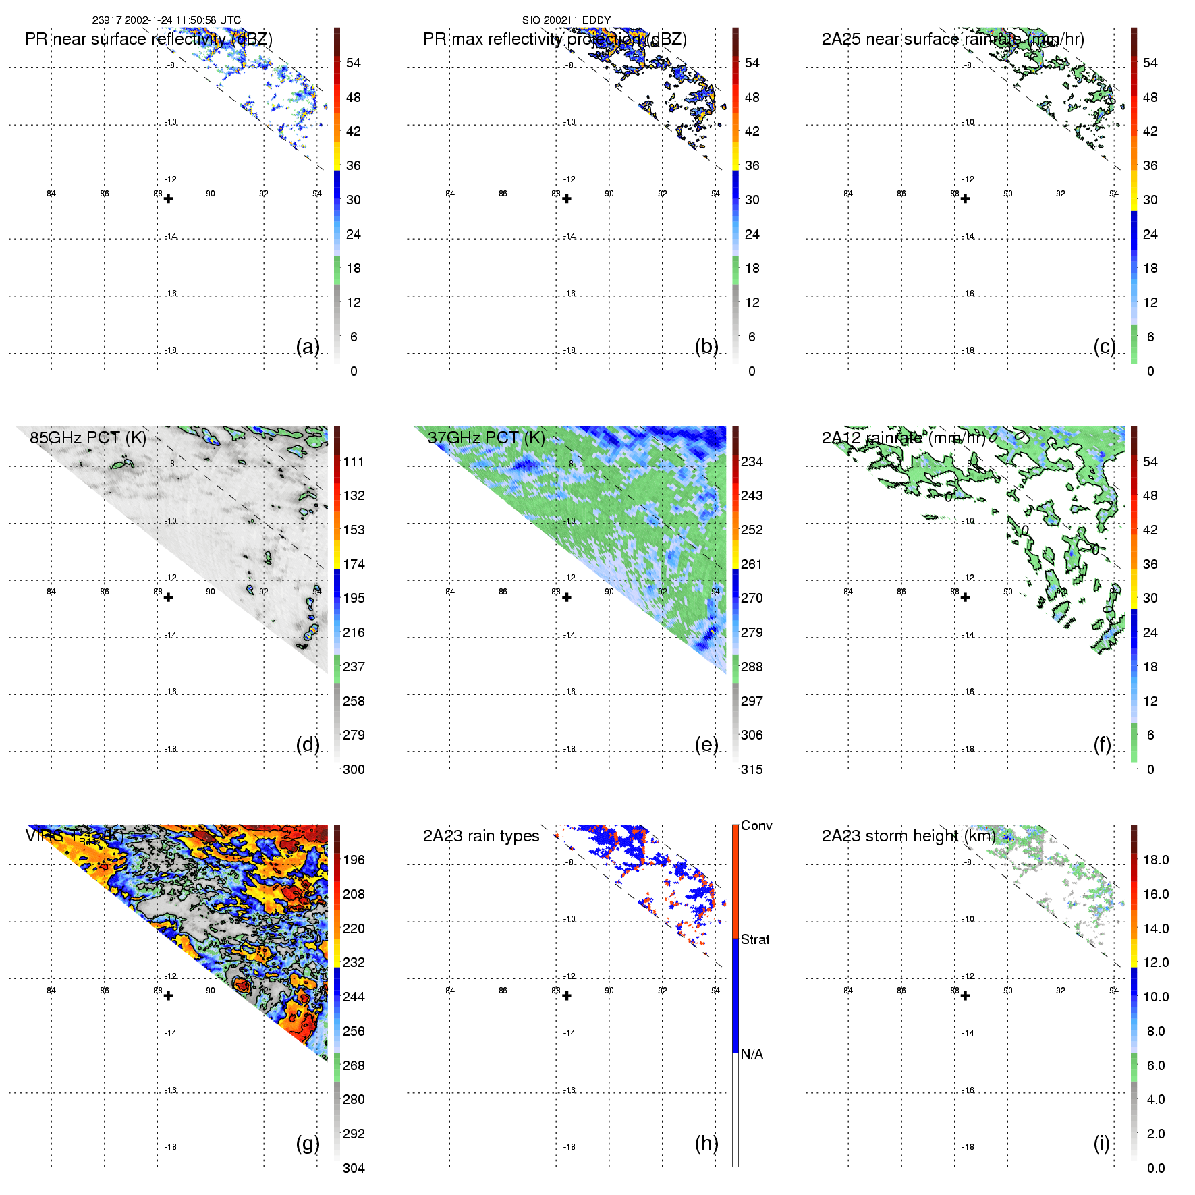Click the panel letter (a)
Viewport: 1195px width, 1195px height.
(x=308, y=347)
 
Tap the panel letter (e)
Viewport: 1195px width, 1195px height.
(x=706, y=745)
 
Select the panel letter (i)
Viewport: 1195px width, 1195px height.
(x=1101, y=1144)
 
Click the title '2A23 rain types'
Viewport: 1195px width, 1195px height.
(x=481, y=836)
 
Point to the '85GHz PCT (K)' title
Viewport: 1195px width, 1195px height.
(x=88, y=438)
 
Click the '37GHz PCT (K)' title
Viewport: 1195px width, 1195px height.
(x=486, y=438)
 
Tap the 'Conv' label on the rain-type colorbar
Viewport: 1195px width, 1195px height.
(x=756, y=825)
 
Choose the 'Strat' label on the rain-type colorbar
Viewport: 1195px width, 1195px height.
(x=755, y=939)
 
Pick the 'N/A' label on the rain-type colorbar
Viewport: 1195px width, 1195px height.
(x=752, y=1054)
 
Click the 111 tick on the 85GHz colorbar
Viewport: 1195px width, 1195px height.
(x=354, y=462)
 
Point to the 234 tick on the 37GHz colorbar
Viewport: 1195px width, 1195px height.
(x=752, y=462)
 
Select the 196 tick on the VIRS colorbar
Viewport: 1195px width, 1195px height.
(x=354, y=860)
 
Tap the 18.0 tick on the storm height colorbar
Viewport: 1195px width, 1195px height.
(x=1156, y=860)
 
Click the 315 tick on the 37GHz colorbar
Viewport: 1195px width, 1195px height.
(x=752, y=770)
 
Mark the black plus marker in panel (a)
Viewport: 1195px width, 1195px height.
(x=168, y=199)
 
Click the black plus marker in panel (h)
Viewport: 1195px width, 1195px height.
(x=567, y=996)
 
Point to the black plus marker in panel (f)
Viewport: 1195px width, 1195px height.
(x=965, y=597)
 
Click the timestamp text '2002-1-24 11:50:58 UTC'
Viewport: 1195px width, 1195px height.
(x=182, y=20)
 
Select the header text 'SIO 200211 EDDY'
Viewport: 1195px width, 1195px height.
(x=566, y=20)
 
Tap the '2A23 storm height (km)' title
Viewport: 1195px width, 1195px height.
(x=908, y=836)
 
